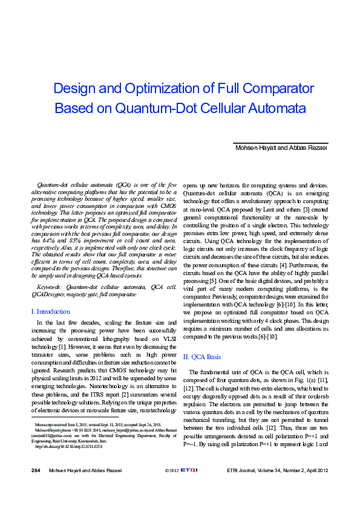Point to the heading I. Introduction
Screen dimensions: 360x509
[x=50, y=311]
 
